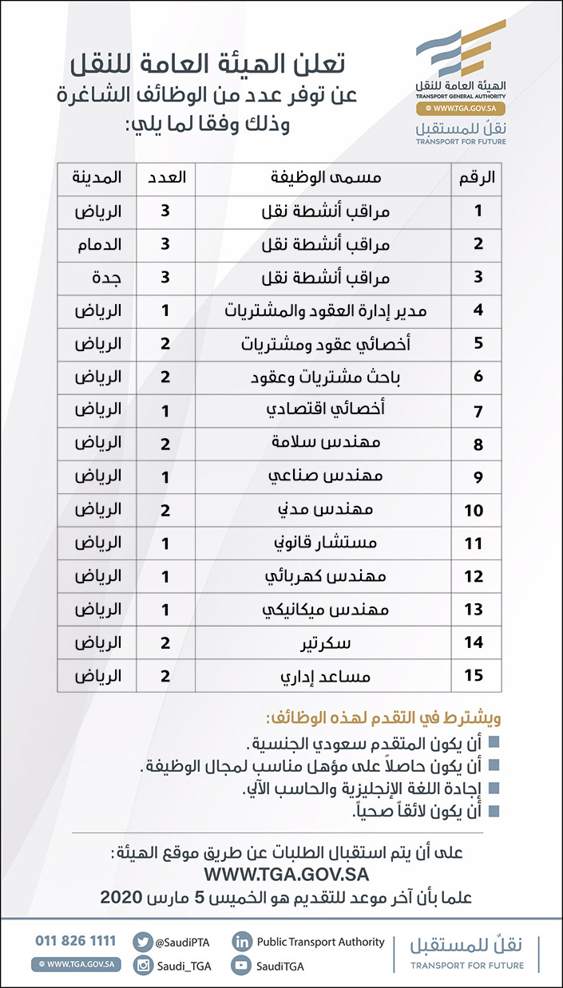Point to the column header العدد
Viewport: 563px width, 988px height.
point(167,178)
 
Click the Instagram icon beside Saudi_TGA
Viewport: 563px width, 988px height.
point(142,966)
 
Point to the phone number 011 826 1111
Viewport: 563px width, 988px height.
point(75,941)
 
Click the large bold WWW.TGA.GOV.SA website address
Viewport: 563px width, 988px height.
point(285,875)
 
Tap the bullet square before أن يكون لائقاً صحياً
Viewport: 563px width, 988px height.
point(494,810)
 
